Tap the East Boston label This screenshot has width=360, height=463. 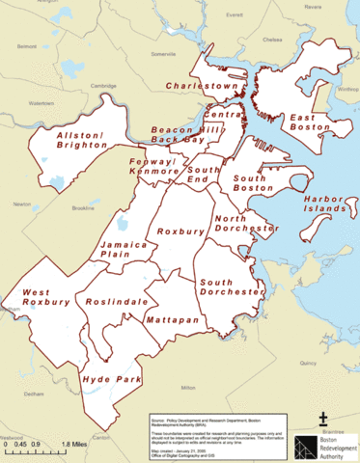311,123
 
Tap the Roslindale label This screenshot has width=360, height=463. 115,303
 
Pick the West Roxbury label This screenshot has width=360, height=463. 46,297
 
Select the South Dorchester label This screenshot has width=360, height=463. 231,286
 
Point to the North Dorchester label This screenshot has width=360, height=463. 246,224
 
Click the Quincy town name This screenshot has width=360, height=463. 308,362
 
